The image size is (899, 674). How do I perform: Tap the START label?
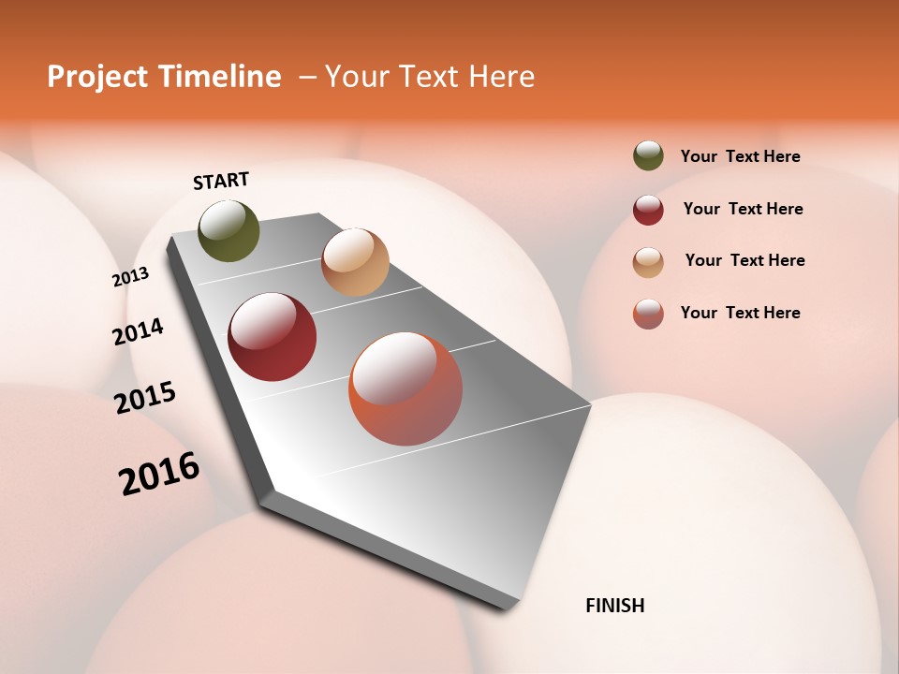pos(221,181)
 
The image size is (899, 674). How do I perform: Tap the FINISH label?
pos(615,606)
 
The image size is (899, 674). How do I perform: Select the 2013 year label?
pos(130,277)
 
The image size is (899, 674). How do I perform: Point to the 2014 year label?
pos(138,331)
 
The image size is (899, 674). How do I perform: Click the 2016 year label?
pos(159,473)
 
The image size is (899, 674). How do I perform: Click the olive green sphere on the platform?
pos(229,230)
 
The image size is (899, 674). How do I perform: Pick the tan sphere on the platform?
pos(355,262)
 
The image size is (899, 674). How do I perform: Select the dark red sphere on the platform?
pos(273,337)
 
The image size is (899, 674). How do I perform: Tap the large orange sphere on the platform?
pos(405,388)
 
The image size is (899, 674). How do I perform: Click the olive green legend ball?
pos(648,155)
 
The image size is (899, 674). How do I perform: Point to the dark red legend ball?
pos(648,210)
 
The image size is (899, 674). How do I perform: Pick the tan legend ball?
pos(648,262)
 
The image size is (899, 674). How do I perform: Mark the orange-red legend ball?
pos(648,314)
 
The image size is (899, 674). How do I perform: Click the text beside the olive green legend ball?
pos(740,156)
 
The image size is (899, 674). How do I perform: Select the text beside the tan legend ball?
pos(744,260)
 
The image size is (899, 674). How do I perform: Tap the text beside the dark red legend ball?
pos(743,209)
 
